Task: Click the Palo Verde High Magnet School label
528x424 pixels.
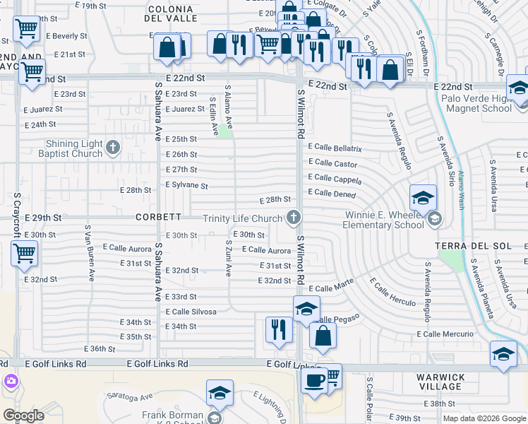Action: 476,103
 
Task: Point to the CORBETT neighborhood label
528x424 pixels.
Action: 159,217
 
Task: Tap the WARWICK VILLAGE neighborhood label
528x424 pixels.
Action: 441,382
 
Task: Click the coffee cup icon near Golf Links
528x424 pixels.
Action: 313,380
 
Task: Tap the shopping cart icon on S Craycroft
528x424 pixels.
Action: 24,252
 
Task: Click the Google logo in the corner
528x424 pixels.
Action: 23,415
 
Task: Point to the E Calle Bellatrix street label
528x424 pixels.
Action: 335,149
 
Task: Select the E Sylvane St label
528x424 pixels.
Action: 186,186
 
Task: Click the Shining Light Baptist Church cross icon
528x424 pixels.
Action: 113,148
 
